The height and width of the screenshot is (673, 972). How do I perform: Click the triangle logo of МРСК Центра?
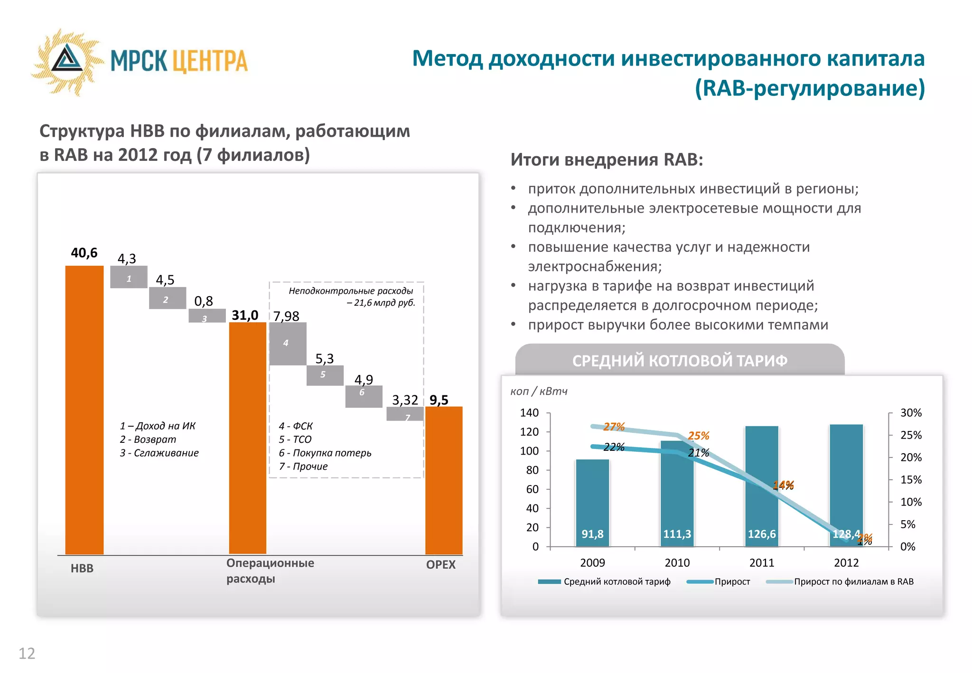[x=67, y=60]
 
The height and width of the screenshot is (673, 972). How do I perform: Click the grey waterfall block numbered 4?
[x=288, y=344]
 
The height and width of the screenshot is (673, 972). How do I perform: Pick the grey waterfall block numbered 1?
[x=129, y=277]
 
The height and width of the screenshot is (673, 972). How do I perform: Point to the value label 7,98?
[x=286, y=316]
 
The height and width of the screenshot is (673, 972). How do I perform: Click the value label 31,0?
[x=245, y=315]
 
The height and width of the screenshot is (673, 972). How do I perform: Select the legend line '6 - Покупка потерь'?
[x=325, y=453]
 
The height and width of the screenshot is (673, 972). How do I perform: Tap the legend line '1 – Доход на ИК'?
[x=158, y=426]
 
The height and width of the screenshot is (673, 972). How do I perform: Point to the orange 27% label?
[x=614, y=427]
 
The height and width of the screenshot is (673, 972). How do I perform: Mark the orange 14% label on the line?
[x=783, y=485]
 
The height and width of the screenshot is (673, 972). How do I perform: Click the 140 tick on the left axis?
[x=529, y=413]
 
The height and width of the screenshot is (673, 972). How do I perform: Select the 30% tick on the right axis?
[x=911, y=413]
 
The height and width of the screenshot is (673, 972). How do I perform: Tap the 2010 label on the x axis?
[x=677, y=563]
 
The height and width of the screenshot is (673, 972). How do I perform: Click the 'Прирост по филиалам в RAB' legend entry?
[x=853, y=582]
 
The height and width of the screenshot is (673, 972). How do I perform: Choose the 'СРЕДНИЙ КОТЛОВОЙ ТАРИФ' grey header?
[x=680, y=361]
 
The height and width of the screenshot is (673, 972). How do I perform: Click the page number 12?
[x=27, y=654]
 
